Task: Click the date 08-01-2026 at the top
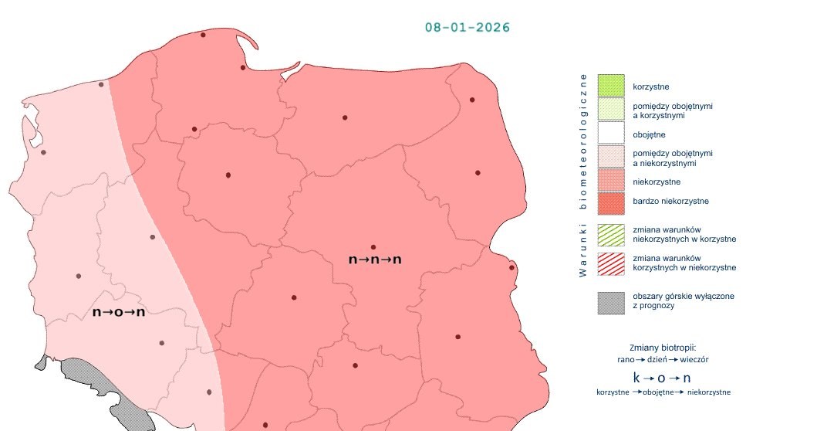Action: click(x=468, y=27)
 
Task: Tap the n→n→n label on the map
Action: click(x=375, y=260)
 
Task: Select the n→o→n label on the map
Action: click(x=119, y=312)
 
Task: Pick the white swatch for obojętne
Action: click(x=610, y=134)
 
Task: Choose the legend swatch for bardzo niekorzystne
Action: click(x=610, y=202)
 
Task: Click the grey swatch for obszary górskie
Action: click(x=610, y=301)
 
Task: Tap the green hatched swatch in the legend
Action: click(x=610, y=234)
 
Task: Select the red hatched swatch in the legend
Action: click(x=610, y=263)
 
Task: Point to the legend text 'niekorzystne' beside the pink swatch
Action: click(x=656, y=182)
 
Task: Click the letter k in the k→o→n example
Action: click(x=636, y=378)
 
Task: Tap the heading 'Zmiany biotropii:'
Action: click(x=663, y=347)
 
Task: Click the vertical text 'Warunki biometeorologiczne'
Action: click(x=583, y=175)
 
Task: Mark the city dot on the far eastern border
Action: click(x=511, y=268)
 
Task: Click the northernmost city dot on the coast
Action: click(x=203, y=35)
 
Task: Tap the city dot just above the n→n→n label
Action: click(x=373, y=247)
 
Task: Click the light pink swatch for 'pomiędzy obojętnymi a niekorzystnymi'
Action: click(x=610, y=158)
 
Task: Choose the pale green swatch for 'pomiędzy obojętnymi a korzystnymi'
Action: click(x=610, y=110)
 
